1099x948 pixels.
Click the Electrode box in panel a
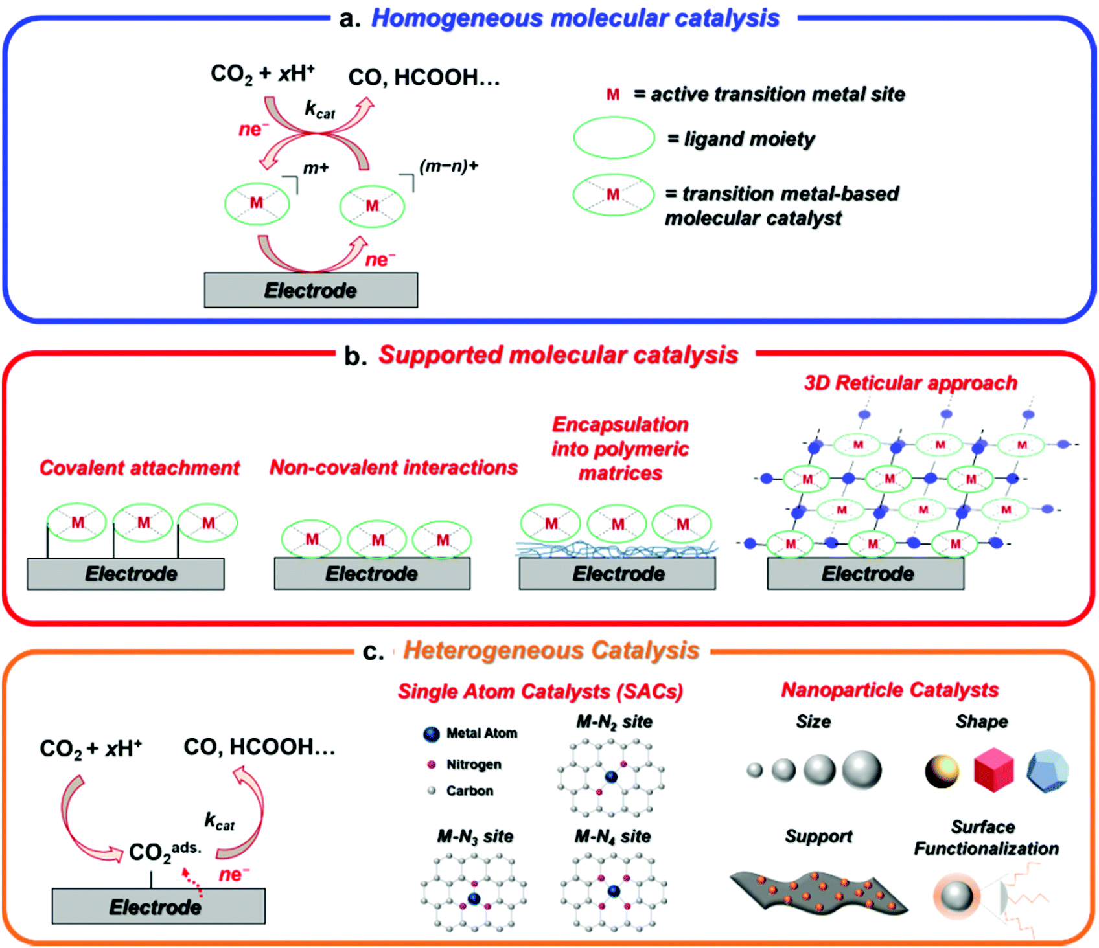310,290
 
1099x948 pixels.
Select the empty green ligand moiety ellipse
614,138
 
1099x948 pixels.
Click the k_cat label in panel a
319,109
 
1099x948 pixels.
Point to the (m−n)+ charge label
448,166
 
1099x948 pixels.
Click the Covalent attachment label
139,468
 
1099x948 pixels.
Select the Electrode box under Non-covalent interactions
372,574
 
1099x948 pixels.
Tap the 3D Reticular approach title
910,383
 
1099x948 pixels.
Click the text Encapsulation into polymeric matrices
620,449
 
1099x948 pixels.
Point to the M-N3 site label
475,837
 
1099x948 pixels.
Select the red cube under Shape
993,769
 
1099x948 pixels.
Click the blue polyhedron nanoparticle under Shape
1047,771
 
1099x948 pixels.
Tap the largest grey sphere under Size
862,770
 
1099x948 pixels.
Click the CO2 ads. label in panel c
163,851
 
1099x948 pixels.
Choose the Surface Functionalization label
986,838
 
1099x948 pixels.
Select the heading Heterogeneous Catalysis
551,650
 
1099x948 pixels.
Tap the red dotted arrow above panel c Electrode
192,883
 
